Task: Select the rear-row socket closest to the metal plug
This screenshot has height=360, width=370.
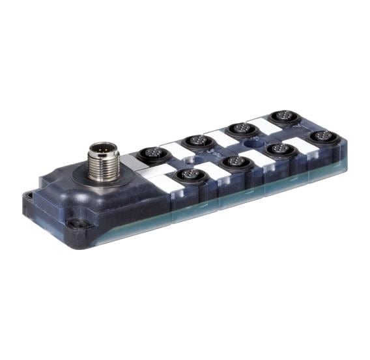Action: pyautogui.click(x=147, y=156)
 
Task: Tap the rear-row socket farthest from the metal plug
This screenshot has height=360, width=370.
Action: pyautogui.click(x=283, y=117)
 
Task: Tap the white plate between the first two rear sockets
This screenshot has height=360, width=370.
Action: pyautogui.click(x=172, y=149)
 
